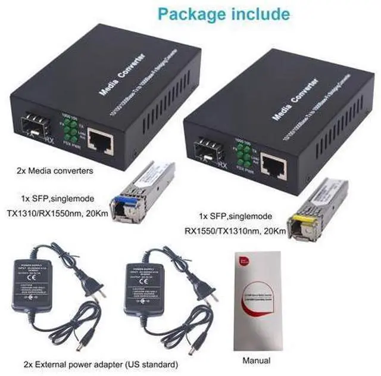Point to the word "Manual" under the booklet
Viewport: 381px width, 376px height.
click(256, 360)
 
